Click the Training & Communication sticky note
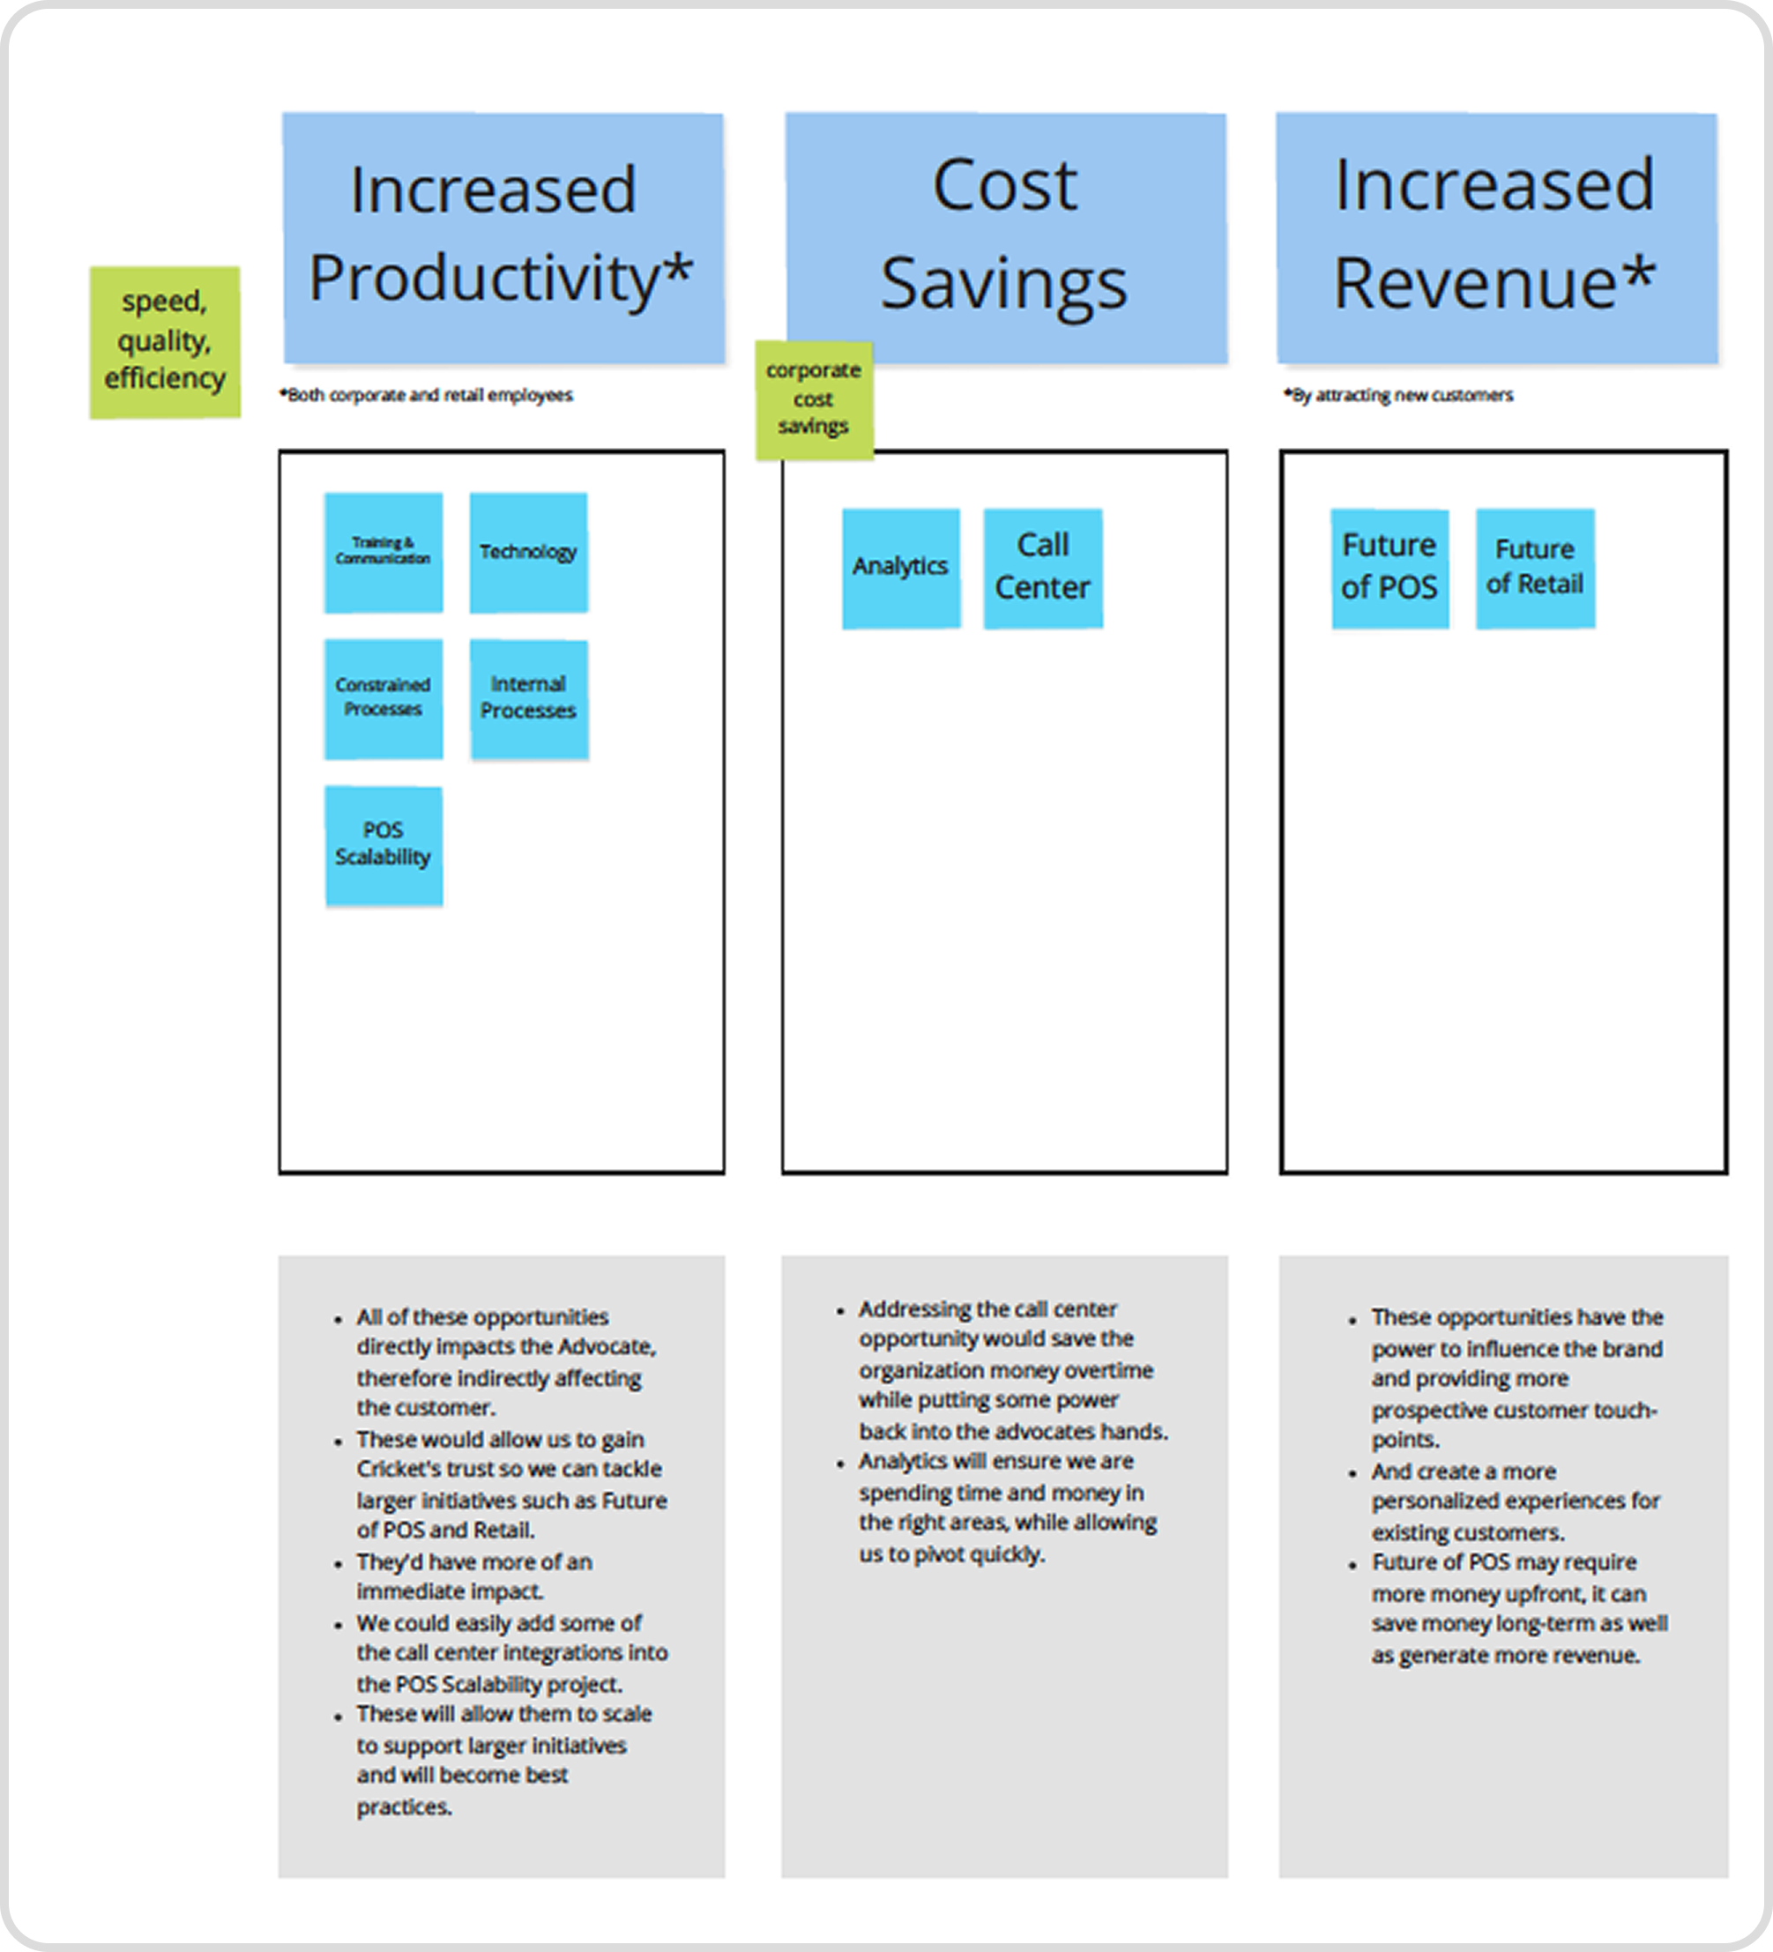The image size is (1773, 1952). pos(384,552)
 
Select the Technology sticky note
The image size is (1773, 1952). pos(529,553)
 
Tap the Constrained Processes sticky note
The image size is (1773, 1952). pos(384,698)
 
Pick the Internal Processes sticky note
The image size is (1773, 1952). pos(529,698)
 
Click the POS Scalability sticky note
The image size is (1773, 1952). pos(384,846)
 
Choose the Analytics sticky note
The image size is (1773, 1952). pos(900,569)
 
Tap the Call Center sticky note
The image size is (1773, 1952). pos(1043,569)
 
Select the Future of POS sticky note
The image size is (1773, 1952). pos(1389,569)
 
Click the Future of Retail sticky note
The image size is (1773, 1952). pos(1535,569)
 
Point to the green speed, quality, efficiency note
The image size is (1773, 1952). pos(165,342)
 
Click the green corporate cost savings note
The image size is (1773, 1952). pos(814,399)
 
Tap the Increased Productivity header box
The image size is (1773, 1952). pos(503,237)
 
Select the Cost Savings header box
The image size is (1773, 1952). pos(1005,237)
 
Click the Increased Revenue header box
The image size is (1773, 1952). pos(1496,237)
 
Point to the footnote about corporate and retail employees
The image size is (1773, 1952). pos(427,395)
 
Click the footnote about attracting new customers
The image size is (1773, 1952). pos(1399,395)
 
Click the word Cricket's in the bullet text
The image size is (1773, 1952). pos(392,1469)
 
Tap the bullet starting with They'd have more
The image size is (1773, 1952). pos(473,1576)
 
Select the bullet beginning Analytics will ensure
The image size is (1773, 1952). pos(1007,1507)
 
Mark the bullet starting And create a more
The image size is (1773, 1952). pos(1515,1501)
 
